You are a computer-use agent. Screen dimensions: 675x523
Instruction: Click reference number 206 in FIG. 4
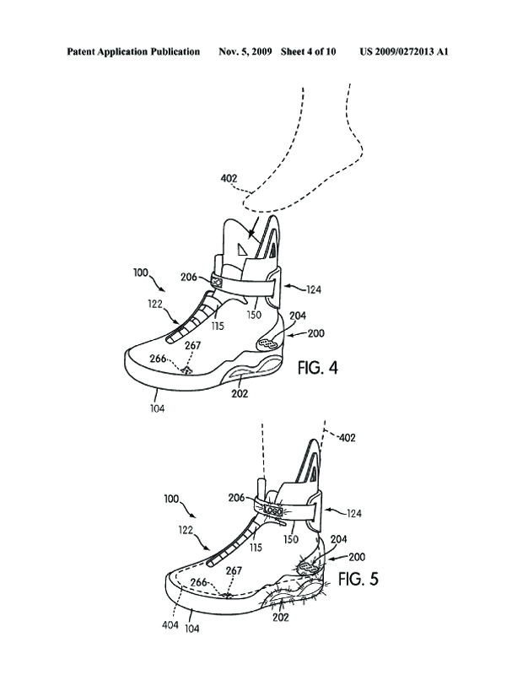tap(189, 276)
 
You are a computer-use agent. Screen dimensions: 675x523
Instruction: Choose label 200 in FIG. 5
tap(357, 558)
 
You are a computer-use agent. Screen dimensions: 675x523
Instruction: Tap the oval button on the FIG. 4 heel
tap(268, 343)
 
